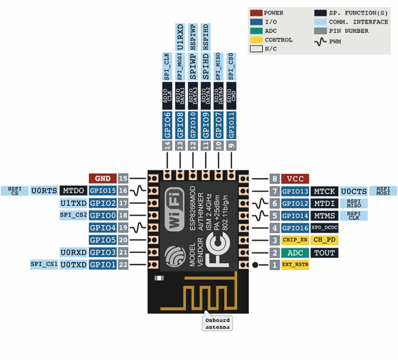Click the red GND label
pos(102,178)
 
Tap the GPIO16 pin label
pos(295,228)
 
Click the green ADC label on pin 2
pos(295,253)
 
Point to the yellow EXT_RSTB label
pos(295,265)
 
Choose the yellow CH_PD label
pos(325,240)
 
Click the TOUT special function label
pos(324,253)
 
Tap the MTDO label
pos(73,190)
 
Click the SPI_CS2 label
pos(73,215)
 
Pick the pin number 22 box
pos(123,265)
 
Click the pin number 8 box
pos(275,178)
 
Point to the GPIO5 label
pos(102,240)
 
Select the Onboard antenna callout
pos(217,323)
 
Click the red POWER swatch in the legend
pos(256,13)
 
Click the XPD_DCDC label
pos(324,228)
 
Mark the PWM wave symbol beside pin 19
pos(137,227)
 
